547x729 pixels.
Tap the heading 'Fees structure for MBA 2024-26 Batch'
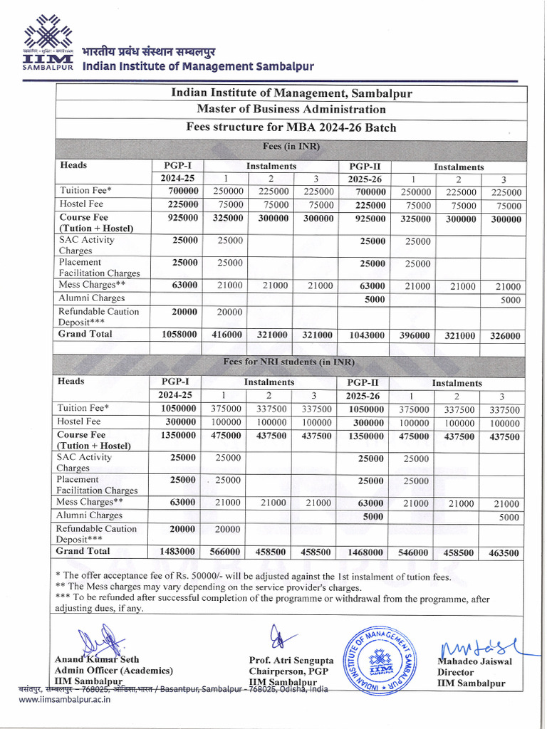291,127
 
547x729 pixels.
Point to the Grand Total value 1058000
175,335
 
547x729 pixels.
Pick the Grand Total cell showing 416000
227,335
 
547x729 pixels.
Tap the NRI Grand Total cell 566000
225,552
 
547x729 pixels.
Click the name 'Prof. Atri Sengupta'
291,661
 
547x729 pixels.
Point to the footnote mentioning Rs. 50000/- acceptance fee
253,577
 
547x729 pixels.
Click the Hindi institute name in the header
147,53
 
